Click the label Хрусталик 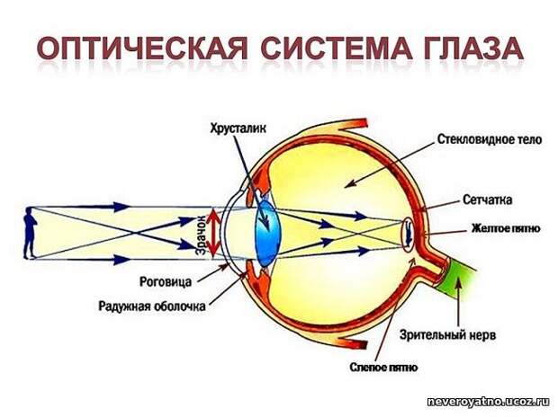click(x=238, y=129)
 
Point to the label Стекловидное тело click(x=490, y=139)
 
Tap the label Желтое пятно click(x=505, y=228)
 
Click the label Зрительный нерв click(x=447, y=334)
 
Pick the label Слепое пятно click(x=384, y=367)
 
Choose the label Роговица click(x=166, y=281)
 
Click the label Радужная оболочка click(x=152, y=306)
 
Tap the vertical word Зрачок click(x=202, y=235)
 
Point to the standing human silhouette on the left click(x=30, y=233)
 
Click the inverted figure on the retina click(x=409, y=234)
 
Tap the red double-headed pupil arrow click(x=212, y=234)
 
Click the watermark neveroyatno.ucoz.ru click(x=490, y=401)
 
